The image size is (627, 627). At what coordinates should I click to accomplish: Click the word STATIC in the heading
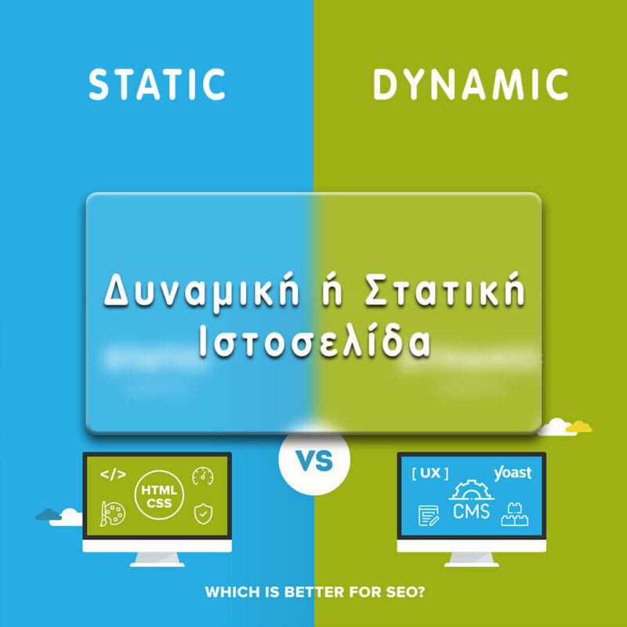(157, 85)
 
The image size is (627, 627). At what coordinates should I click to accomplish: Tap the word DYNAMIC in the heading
(470, 85)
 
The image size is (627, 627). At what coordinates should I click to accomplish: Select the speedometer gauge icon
(203, 476)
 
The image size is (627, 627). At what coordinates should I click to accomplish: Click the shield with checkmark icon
(203, 514)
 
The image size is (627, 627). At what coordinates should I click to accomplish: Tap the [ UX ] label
(429, 473)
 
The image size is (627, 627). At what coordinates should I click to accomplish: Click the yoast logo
(513, 473)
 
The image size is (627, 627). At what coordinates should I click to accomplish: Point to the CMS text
(471, 512)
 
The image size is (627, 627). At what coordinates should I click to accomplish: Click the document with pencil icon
(428, 515)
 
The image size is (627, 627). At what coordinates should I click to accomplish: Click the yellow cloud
(580, 426)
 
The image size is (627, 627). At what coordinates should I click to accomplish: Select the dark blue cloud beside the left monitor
(49, 514)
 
